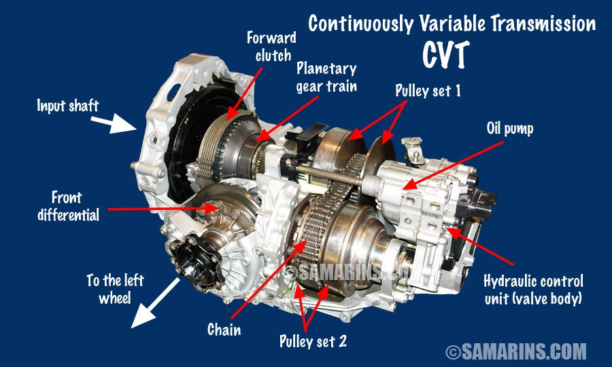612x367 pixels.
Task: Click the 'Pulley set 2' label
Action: tap(313, 340)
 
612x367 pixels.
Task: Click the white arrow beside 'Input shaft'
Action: tap(124, 124)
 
